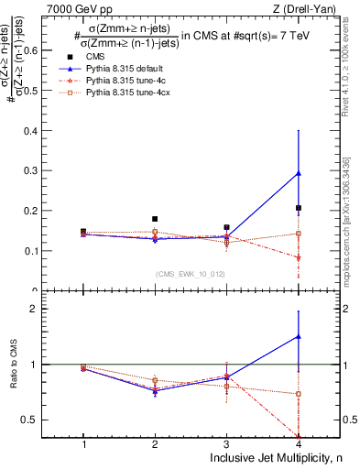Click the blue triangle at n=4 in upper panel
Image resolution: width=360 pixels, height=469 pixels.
[x=299, y=173]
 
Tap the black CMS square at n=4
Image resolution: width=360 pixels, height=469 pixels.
[x=299, y=208]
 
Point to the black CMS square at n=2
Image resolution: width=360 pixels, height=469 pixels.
[x=155, y=219]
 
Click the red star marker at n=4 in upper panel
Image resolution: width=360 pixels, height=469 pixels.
[x=299, y=257]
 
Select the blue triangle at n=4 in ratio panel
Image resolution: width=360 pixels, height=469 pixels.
[x=299, y=336]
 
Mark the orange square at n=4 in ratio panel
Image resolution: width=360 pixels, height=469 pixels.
[x=299, y=394]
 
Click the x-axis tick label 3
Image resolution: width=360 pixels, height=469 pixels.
[x=226, y=444]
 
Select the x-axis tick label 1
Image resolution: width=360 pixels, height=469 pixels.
[x=83, y=444]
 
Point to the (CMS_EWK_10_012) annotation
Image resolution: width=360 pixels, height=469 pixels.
[x=191, y=274]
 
